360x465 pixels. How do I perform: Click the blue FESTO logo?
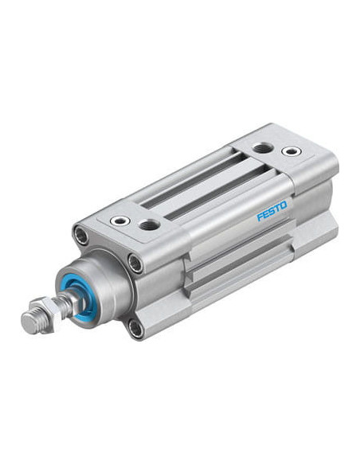point(272,211)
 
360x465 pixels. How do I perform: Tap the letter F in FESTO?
point(260,217)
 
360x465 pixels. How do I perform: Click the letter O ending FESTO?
point(284,205)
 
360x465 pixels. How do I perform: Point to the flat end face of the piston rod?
point(29,324)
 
